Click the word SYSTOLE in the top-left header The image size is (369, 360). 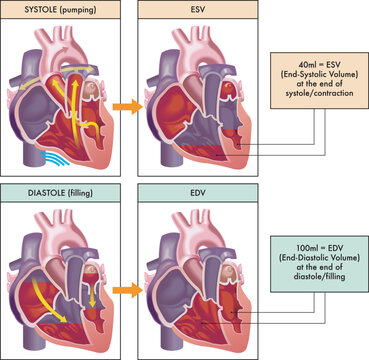(28, 9)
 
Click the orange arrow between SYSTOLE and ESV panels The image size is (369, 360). (123, 103)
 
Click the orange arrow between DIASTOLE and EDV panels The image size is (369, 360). (123, 288)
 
